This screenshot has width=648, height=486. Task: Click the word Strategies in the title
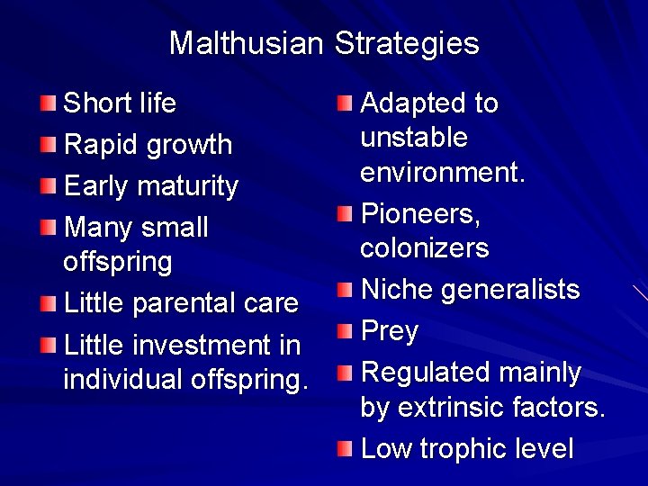click(x=407, y=44)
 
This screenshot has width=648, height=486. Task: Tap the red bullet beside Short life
click(x=51, y=103)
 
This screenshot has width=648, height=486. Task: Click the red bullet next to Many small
click(x=51, y=227)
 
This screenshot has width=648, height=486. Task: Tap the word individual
click(x=123, y=379)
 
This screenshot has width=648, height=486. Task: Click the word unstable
click(x=414, y=138)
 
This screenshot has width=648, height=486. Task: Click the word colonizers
click(x=425, y=247)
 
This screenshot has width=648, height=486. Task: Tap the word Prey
click(x=390, y=332)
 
